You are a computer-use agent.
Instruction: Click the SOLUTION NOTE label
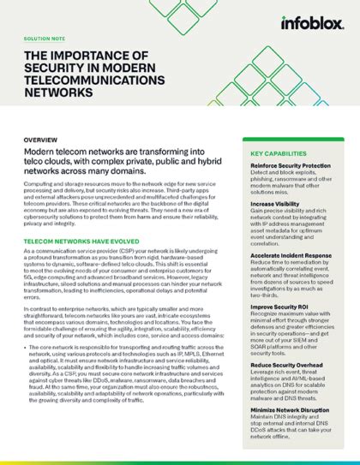click(x=45, y=39)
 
